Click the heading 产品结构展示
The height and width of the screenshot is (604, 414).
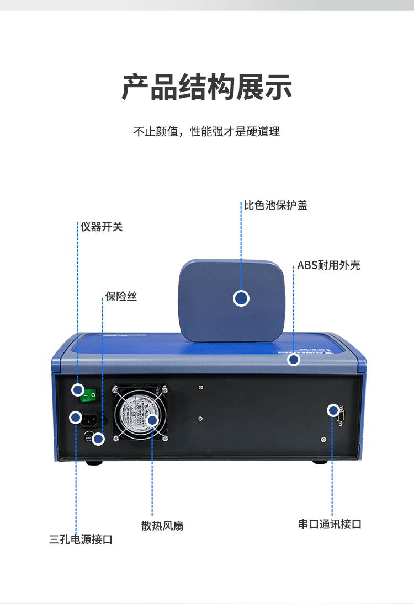click(x=207, y=87)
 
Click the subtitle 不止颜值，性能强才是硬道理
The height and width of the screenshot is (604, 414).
click(x=207, y=132)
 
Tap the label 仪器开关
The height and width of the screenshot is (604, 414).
click(x=102, y=227)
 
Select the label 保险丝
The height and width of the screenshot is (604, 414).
click(x=121, y=297)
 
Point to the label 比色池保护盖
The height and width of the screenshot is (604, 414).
click(x=276, y=205)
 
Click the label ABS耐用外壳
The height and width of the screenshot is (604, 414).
click(x=328, y=265)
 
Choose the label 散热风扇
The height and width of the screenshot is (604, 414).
click(x=162, y=526)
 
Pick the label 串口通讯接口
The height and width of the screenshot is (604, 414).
click(x=330, y=525)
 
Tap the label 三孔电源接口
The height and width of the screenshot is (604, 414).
click(x=81, y=539)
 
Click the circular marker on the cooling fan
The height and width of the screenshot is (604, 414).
click(x=152, y=420)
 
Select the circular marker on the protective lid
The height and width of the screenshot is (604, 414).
click(x=241, y=298)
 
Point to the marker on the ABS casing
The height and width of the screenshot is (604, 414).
click(x=294, y=360)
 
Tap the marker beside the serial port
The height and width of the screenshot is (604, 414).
click(x=333, y=410)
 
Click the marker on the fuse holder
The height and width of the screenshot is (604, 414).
click(x=98, y=439)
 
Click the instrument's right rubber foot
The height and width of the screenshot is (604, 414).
click(x=320, y=462)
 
